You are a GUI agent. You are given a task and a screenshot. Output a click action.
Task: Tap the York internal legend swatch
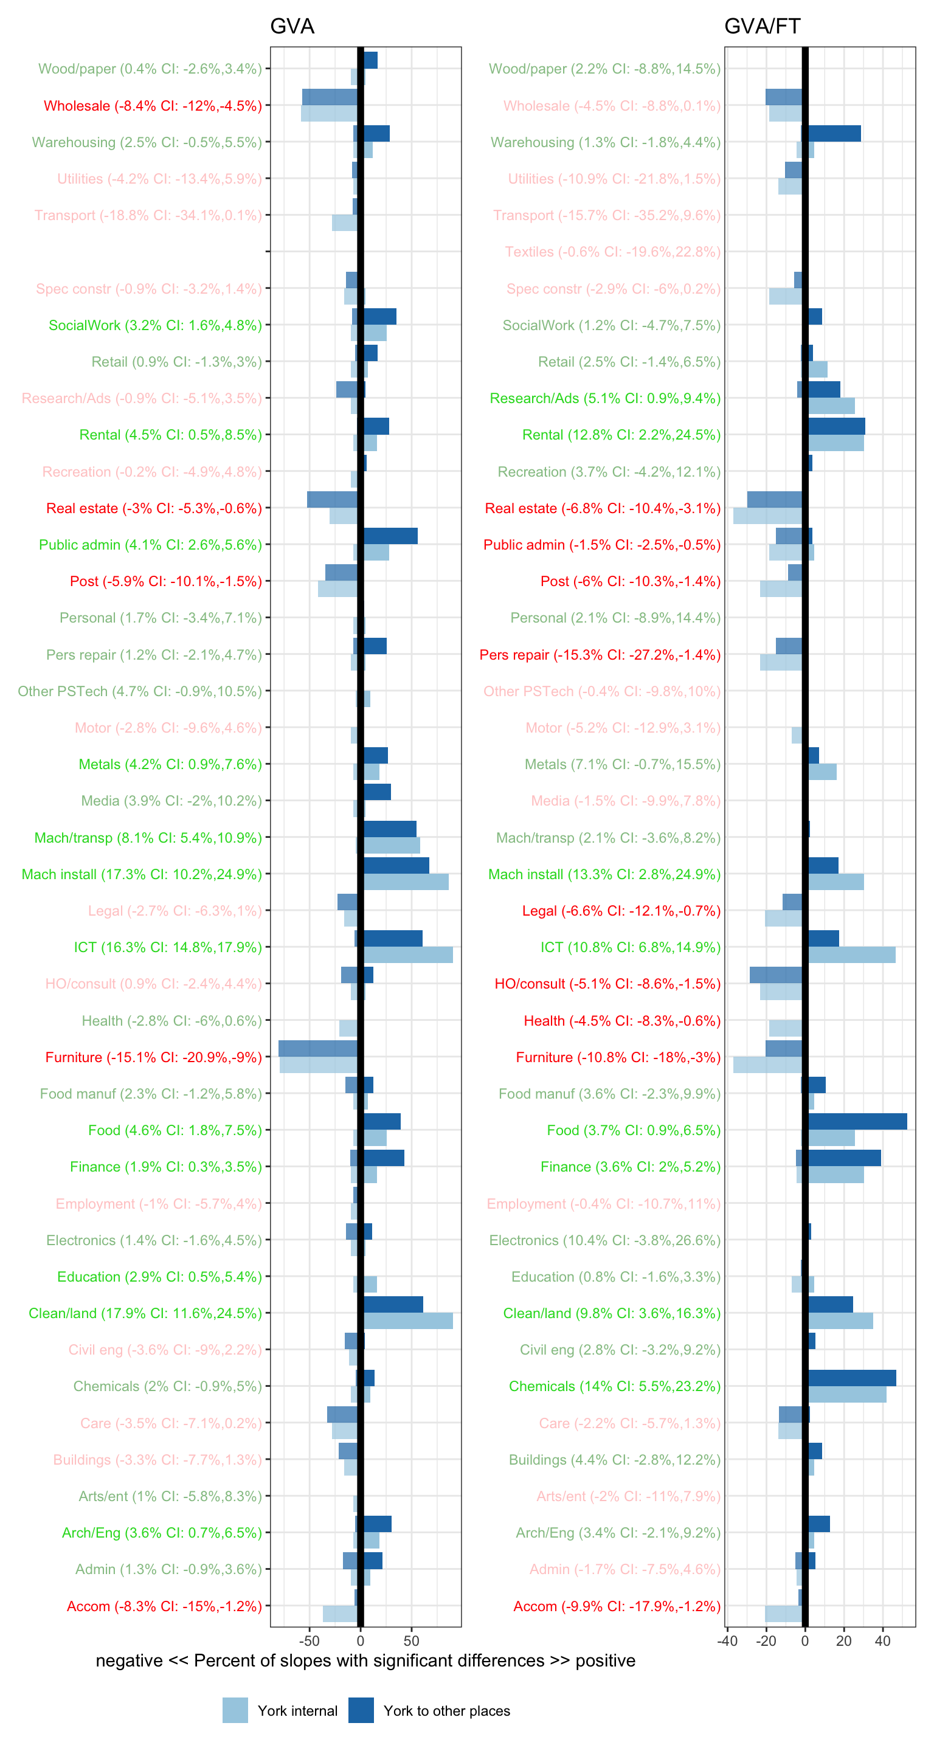click(x=235, y=1710)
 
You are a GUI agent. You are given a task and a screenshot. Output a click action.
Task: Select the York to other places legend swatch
click(x=361, y=1710)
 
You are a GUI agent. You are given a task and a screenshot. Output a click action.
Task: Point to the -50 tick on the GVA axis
click(x=310, y=1640)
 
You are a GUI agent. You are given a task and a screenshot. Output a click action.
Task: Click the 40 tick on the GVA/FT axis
click(x=882, y=1640)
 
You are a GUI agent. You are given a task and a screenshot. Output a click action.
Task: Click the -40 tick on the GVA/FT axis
click(x=727, y=1640)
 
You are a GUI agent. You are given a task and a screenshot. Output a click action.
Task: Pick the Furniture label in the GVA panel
click(x=153, y=1057)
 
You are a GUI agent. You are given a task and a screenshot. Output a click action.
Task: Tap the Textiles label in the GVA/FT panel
click(x=612, y=252)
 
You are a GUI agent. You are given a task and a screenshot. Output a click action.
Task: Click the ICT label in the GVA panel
click(x=167, y=947)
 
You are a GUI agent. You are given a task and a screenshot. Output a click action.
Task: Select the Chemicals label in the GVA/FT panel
click(x=615, y=1386)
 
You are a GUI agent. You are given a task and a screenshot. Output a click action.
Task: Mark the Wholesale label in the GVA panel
click(x=152, y=105)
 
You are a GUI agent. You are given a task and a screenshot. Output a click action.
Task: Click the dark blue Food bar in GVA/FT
click(x=857, y=1122)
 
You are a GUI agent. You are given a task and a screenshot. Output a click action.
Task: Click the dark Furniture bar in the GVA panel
click(x=317, y=1048)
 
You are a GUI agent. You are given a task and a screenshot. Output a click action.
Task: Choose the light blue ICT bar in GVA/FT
click(x=851, y=955)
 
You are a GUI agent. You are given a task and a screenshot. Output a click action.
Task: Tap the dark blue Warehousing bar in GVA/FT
click(x=834, y=133)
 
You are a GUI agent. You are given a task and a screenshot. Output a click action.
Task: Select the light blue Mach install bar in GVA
click(x=406, y=882)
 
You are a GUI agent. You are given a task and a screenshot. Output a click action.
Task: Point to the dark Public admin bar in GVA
click(x=390, y=536)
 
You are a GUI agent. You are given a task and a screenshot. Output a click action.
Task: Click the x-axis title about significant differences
click(x=365, y=1660)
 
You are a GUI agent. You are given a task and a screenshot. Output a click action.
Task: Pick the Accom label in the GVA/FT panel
click(x=617, y=1606)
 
